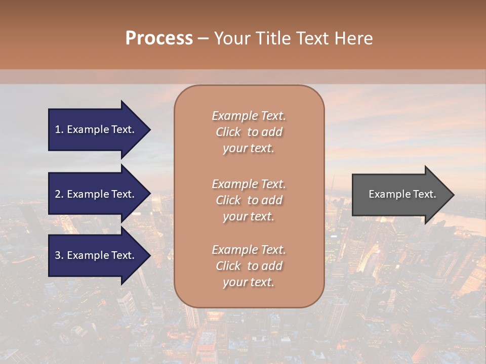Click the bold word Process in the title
[159, 38]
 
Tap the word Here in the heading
[353, 38]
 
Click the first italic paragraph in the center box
[249, 132]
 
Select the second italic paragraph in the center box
[249, 200]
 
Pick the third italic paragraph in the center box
[249, 266]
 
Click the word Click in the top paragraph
[228, 132]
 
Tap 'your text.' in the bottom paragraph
[249, 282]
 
